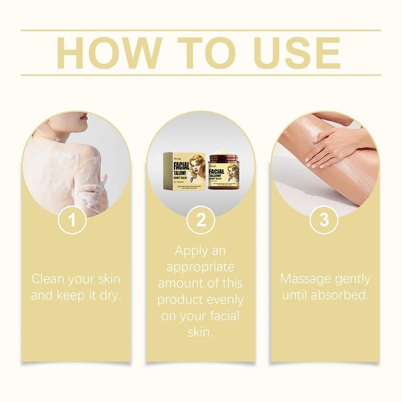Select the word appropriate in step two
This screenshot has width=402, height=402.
201,267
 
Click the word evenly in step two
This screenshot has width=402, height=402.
224,300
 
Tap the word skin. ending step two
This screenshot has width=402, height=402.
201,332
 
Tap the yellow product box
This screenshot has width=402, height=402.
184,172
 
